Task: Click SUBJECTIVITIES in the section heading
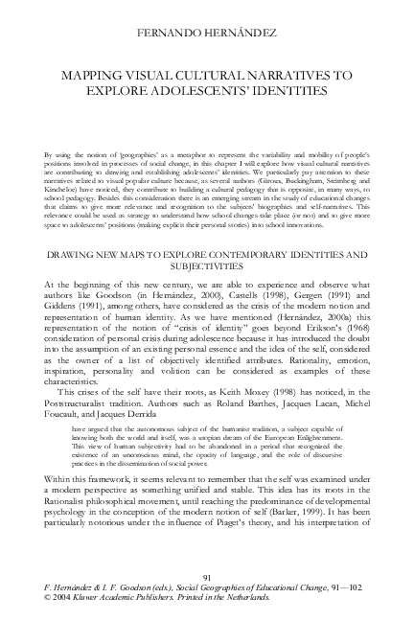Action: (207, 267)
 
